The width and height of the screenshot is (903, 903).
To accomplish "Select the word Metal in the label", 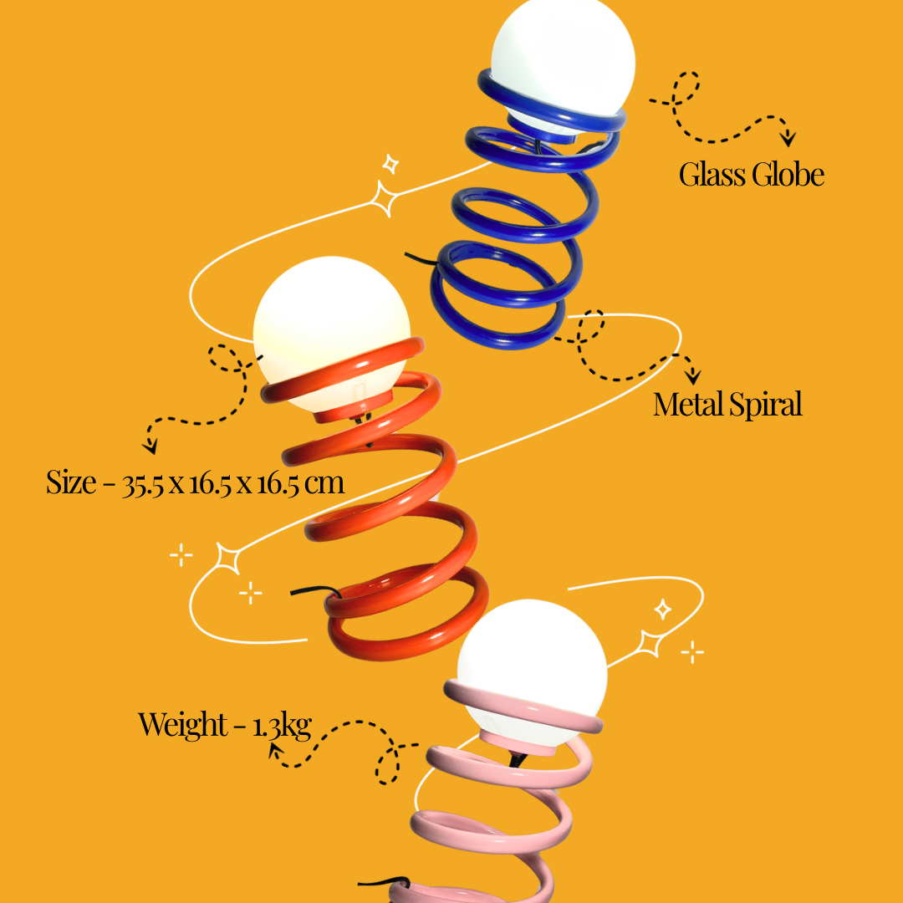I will click(x=686, y=405).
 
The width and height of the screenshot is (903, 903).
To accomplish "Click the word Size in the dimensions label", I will click(x=71, y=482).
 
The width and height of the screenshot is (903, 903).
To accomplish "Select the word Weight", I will click(x=183, y=724).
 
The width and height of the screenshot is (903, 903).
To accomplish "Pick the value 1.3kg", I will click(x=282, y=725).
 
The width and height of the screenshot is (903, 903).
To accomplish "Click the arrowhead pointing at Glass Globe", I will click(x=788, y=139).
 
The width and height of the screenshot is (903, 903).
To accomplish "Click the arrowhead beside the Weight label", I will click(x=275, y=752).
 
